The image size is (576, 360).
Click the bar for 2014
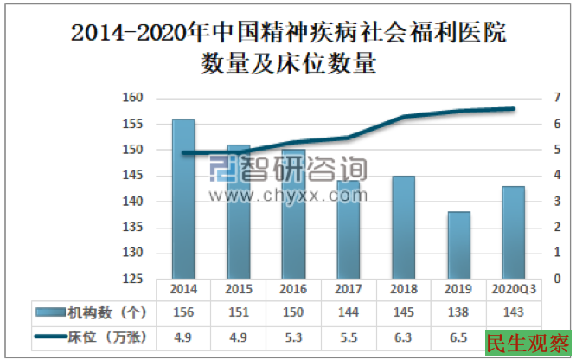click(183, 199)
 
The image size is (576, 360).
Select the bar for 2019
click(458, 246)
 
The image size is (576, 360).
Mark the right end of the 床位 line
click(513, 108)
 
